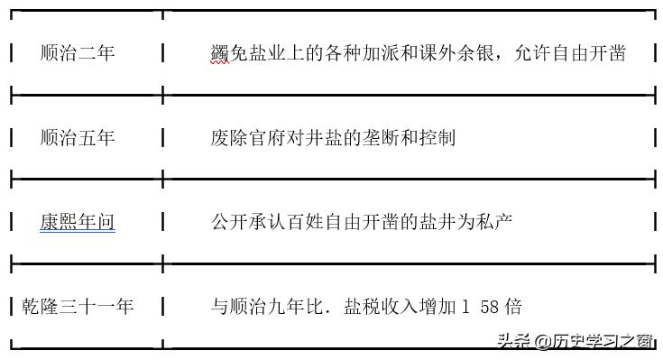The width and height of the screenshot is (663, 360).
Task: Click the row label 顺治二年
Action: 78,53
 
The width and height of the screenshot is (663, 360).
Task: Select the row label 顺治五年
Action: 78,138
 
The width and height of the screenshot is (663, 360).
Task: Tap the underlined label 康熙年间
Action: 78,221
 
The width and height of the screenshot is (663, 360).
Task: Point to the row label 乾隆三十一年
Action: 78,307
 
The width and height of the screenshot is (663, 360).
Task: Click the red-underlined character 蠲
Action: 219,53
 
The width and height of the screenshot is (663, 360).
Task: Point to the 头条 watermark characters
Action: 513,342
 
